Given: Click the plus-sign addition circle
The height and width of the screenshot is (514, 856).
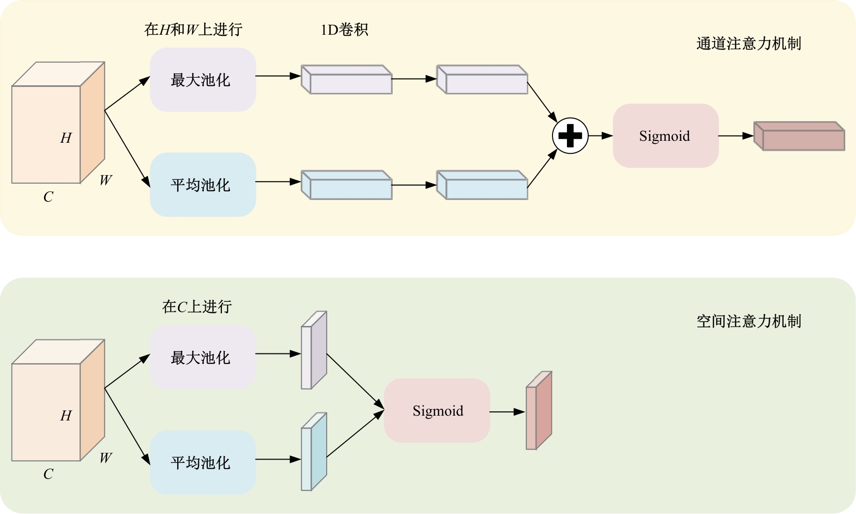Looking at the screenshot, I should coord(570,135).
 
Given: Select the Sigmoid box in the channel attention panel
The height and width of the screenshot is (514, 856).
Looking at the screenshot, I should coord(665,136).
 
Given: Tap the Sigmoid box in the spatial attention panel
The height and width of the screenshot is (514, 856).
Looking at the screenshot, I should coord(437,411).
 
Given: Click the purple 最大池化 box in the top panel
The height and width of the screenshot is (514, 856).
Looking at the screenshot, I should coord(203,80).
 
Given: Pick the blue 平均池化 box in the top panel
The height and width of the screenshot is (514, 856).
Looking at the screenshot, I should coord(203,185).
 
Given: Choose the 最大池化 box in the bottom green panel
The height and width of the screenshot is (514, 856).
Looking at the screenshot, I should coord(203,357).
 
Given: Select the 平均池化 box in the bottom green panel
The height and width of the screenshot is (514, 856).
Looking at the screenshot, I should coord(203,462).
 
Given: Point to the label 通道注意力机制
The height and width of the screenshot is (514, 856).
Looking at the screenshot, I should coord(748,44).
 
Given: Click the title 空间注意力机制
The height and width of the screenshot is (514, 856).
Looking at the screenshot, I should coord(748,321).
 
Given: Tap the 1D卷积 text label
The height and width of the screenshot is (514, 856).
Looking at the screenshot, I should coord(345,30).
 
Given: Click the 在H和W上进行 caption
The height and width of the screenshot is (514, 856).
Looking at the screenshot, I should coord(193,30).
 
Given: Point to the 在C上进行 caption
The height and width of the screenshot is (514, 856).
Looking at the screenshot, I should coord(197,307).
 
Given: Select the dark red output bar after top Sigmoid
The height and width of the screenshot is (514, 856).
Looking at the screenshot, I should coord(799,136).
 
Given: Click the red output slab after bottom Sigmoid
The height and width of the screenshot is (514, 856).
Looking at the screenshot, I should coord(538,411).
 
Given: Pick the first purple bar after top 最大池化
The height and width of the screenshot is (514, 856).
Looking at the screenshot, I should coord(346,80).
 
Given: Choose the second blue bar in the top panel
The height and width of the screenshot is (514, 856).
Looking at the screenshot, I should coord(482,185).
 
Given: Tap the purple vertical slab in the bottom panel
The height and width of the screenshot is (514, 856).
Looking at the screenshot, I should coord(314,351).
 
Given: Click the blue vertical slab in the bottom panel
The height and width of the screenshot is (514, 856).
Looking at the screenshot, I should coord(314,452).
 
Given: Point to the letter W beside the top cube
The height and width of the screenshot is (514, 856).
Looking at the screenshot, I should coord(106,180).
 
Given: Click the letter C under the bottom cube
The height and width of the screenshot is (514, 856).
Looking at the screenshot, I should coord(48,474).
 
